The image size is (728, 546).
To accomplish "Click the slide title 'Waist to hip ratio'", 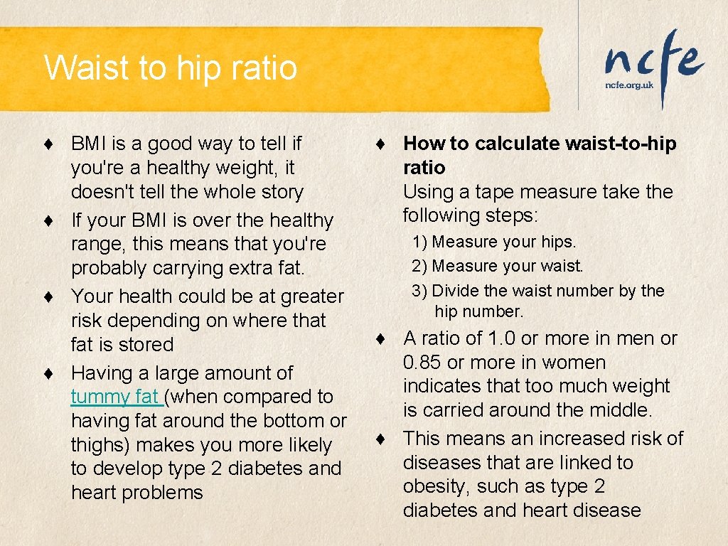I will click(171, 68).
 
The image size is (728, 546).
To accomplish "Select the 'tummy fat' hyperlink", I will click(116, 397).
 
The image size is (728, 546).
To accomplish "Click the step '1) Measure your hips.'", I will click(494, 242).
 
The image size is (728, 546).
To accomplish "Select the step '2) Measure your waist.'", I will click(497, 266).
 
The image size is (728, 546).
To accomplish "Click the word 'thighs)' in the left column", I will click(100, 445).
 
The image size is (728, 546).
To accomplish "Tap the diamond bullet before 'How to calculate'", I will click(382, 144).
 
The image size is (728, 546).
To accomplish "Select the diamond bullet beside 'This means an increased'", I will click(382, 439).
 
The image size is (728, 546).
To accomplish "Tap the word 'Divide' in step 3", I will click(455, 291).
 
